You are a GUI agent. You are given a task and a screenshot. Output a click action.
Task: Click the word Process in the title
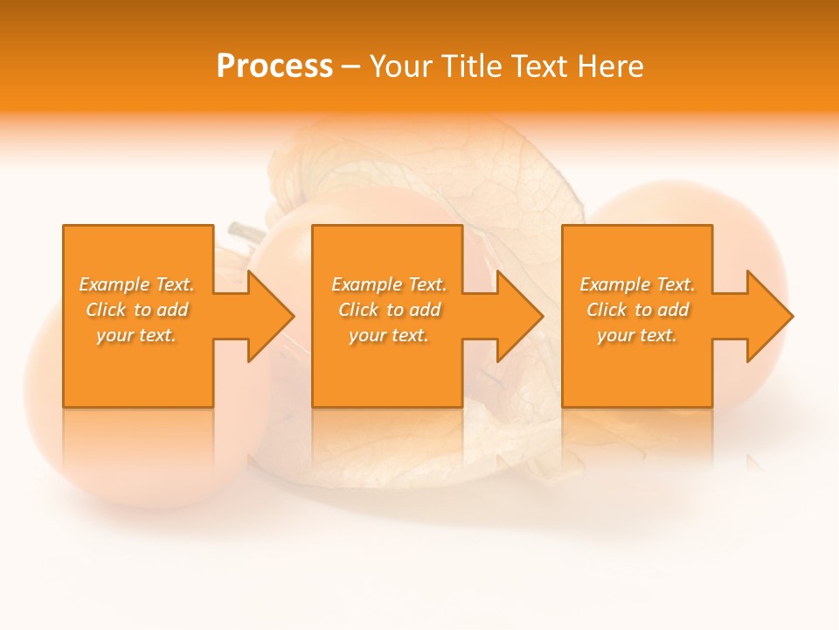pos(274,66)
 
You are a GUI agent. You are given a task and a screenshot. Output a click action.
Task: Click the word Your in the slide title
pos(400,66)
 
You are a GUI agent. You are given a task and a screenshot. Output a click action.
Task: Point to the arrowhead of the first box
pos(271,316)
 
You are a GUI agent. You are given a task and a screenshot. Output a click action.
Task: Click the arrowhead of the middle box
pos(521,316)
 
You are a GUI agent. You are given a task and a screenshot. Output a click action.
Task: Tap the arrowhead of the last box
pos(770,316)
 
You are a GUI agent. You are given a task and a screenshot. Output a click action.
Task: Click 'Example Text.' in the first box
pos(136,284)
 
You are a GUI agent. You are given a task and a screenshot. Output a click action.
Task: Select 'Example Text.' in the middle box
pos(389,284)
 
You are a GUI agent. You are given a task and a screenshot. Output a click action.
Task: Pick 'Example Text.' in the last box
pos(637,284)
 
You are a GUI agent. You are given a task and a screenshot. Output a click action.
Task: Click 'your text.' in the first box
pos(136,335)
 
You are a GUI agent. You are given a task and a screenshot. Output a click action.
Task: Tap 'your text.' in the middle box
pos(389,335)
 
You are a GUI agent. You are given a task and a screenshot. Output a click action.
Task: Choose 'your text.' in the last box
pos(637,335)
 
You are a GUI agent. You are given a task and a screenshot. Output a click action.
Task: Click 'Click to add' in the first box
pos(136,310)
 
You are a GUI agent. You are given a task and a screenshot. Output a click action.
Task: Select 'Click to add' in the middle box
pos(389,310)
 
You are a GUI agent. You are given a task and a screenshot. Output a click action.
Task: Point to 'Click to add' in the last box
pos(637,310)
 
